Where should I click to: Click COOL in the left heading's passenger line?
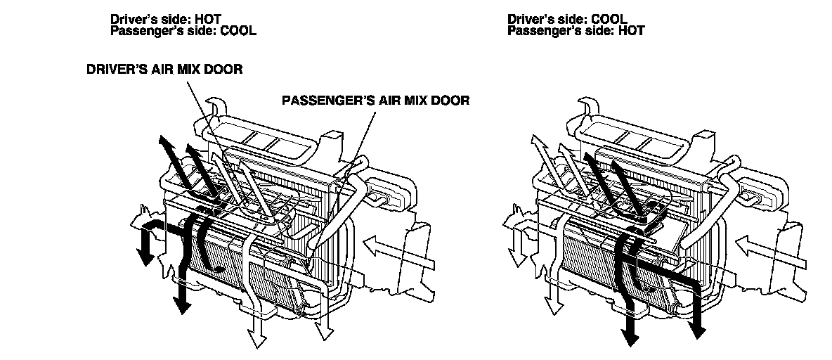[x=238, y=31]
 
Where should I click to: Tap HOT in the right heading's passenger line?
[x=630, y=31]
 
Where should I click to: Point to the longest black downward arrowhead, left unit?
[x=183, y=302]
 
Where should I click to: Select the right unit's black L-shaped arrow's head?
[x=698, y=325]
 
